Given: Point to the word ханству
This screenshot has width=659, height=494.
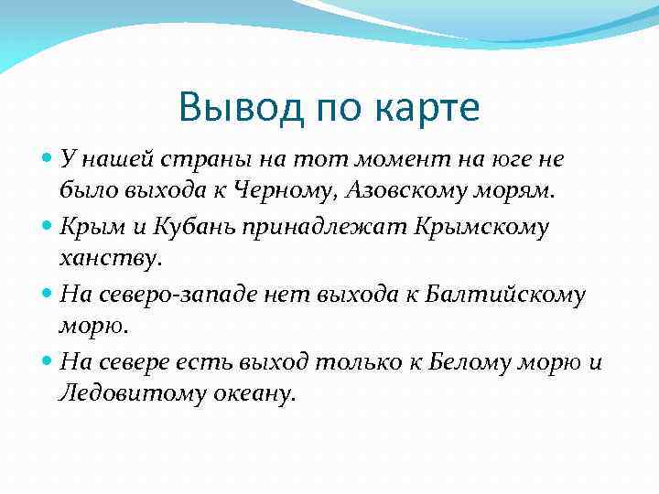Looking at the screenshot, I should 109,259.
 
